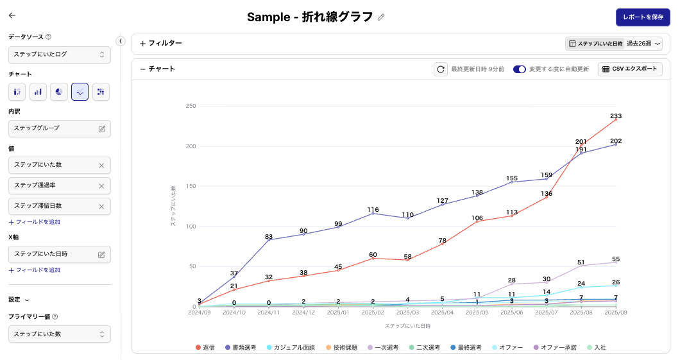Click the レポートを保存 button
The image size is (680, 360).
pos(643,17)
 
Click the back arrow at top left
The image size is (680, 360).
pos(12,15)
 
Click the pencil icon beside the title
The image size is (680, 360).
pos(381,17)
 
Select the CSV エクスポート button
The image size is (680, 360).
pos(630,69)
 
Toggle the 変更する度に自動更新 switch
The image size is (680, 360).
pos(519,69)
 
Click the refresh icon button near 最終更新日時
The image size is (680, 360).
pos(440,69)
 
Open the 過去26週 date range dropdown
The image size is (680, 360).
pos(643,44)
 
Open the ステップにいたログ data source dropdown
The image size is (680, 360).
pos(60,55)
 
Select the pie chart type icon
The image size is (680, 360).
pos(59,92)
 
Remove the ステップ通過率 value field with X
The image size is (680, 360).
pos(101,185)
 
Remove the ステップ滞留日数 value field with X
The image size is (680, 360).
pos(101,206)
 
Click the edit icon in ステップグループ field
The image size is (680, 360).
pos(101,128)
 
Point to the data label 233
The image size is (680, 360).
pos(616,116)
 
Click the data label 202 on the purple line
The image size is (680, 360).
pos(616,141)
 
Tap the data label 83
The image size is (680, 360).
pos(269,237)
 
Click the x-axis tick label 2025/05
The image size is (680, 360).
pos(477,313)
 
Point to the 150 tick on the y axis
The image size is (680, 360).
pos(190,186)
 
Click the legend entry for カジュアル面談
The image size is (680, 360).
pos(291,347)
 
